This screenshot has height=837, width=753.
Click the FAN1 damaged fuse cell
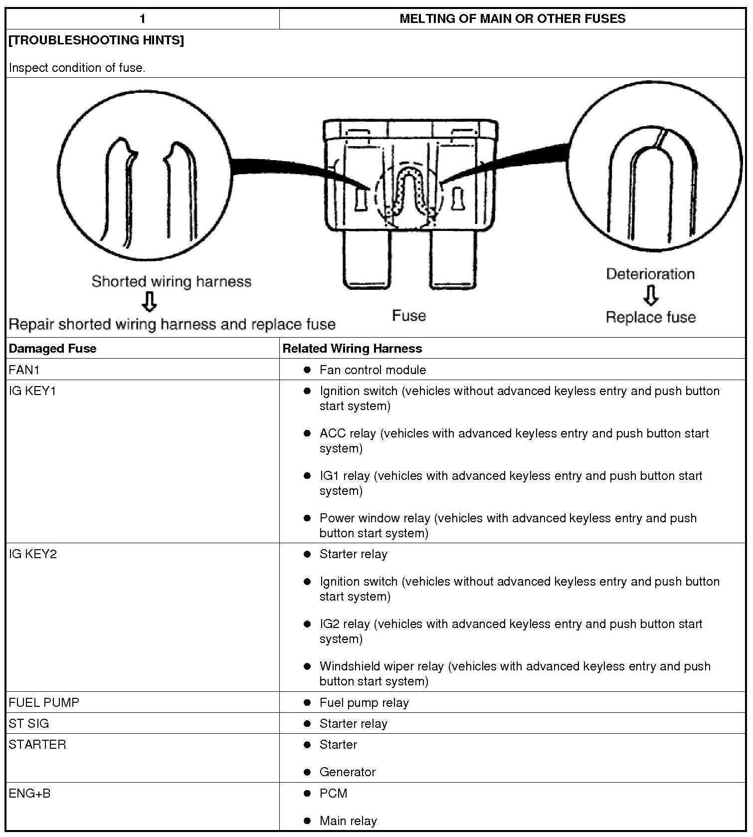click(x=24, y=370)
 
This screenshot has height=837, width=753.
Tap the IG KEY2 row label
click(x=33, y=554)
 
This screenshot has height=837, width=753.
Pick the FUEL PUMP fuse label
click(x=44, y=702)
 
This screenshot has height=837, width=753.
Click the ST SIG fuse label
click(x=29, y=723)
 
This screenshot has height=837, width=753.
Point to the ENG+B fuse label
click(x=30, y=793)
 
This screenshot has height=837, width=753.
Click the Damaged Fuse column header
click(x=53, y=348)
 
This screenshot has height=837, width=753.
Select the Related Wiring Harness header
click(x=352, y=348)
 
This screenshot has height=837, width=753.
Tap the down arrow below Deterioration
click(x=650, y=295)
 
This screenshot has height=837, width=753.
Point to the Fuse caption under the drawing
click(x=409, y=316)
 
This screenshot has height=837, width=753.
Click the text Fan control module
click(x=373, y=370)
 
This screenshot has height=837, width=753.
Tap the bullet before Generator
click(x=307, y=772)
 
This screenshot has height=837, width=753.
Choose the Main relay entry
click(x=348, y=821)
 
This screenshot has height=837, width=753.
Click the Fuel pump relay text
click(x=364, y=702)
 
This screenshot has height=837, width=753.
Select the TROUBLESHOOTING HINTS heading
click(x=96, y=40)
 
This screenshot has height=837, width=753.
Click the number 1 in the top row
click(x=143, y=19)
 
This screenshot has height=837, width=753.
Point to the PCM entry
click(x=333, y=793)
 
